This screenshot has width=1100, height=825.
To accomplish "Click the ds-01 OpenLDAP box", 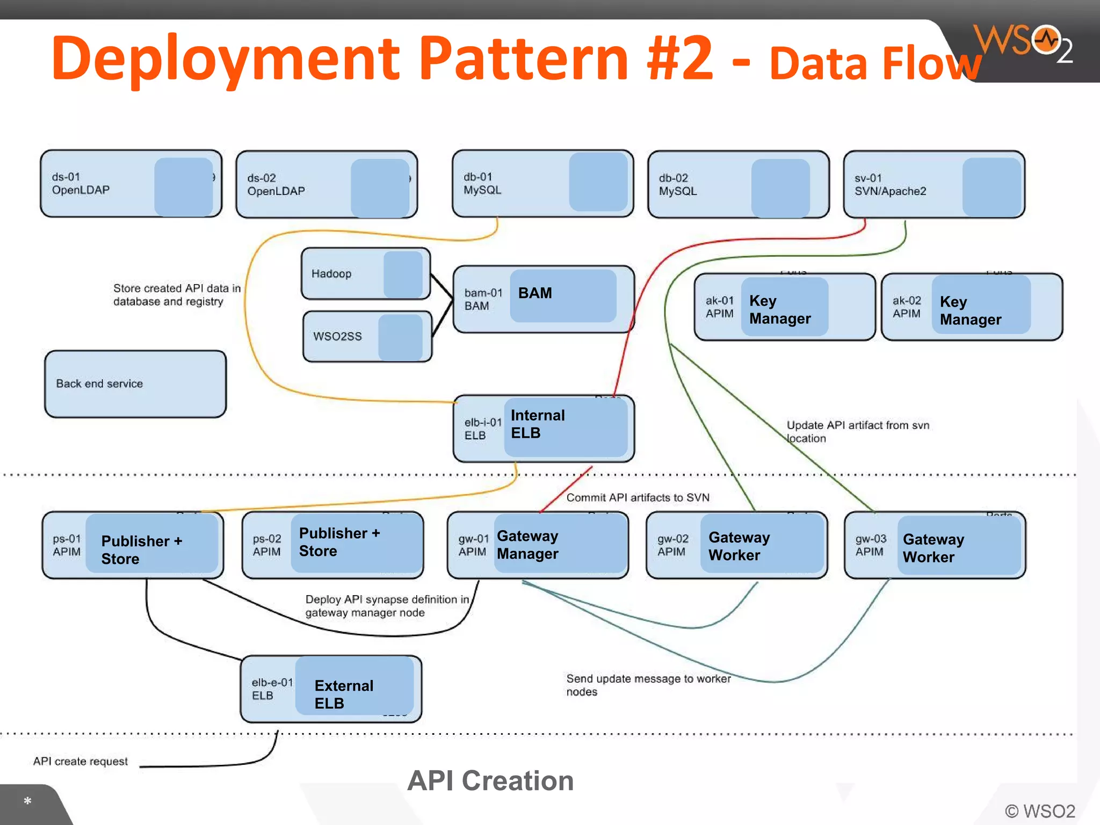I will tap(131, 184).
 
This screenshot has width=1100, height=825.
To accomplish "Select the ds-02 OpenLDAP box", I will tap(326, 184).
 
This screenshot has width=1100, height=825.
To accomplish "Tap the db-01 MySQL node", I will tap(542, 184).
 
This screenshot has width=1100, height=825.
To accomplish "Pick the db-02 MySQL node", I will tap(738, 184).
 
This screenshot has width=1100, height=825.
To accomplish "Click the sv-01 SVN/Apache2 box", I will tap(933, 184).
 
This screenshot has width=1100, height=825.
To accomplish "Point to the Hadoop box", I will tap(365, 273).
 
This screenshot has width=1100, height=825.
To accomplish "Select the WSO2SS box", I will tap(367, 336).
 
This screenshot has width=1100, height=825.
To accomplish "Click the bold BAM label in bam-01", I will tap(535, 293).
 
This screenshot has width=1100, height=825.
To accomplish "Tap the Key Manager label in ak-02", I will tap(970, 310).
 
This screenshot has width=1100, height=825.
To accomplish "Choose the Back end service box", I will tap(135, 383).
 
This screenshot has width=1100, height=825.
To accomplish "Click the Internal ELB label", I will tap(537, 424).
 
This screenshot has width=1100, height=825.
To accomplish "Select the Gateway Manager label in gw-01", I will tap(527, 545).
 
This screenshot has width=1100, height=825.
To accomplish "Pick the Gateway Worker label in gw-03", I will tap(933, 548).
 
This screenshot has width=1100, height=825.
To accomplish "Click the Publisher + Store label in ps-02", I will tap(339, 542).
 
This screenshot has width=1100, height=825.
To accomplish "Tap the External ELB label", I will tap(344, 694).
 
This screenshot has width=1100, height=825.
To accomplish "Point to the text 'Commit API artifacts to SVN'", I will tap(638, 497).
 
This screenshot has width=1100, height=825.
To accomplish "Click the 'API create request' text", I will tap(81, 761).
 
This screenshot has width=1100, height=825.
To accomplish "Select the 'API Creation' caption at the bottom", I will tap(490, 780).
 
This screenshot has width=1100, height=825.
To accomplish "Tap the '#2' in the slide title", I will tap(680, 58).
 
